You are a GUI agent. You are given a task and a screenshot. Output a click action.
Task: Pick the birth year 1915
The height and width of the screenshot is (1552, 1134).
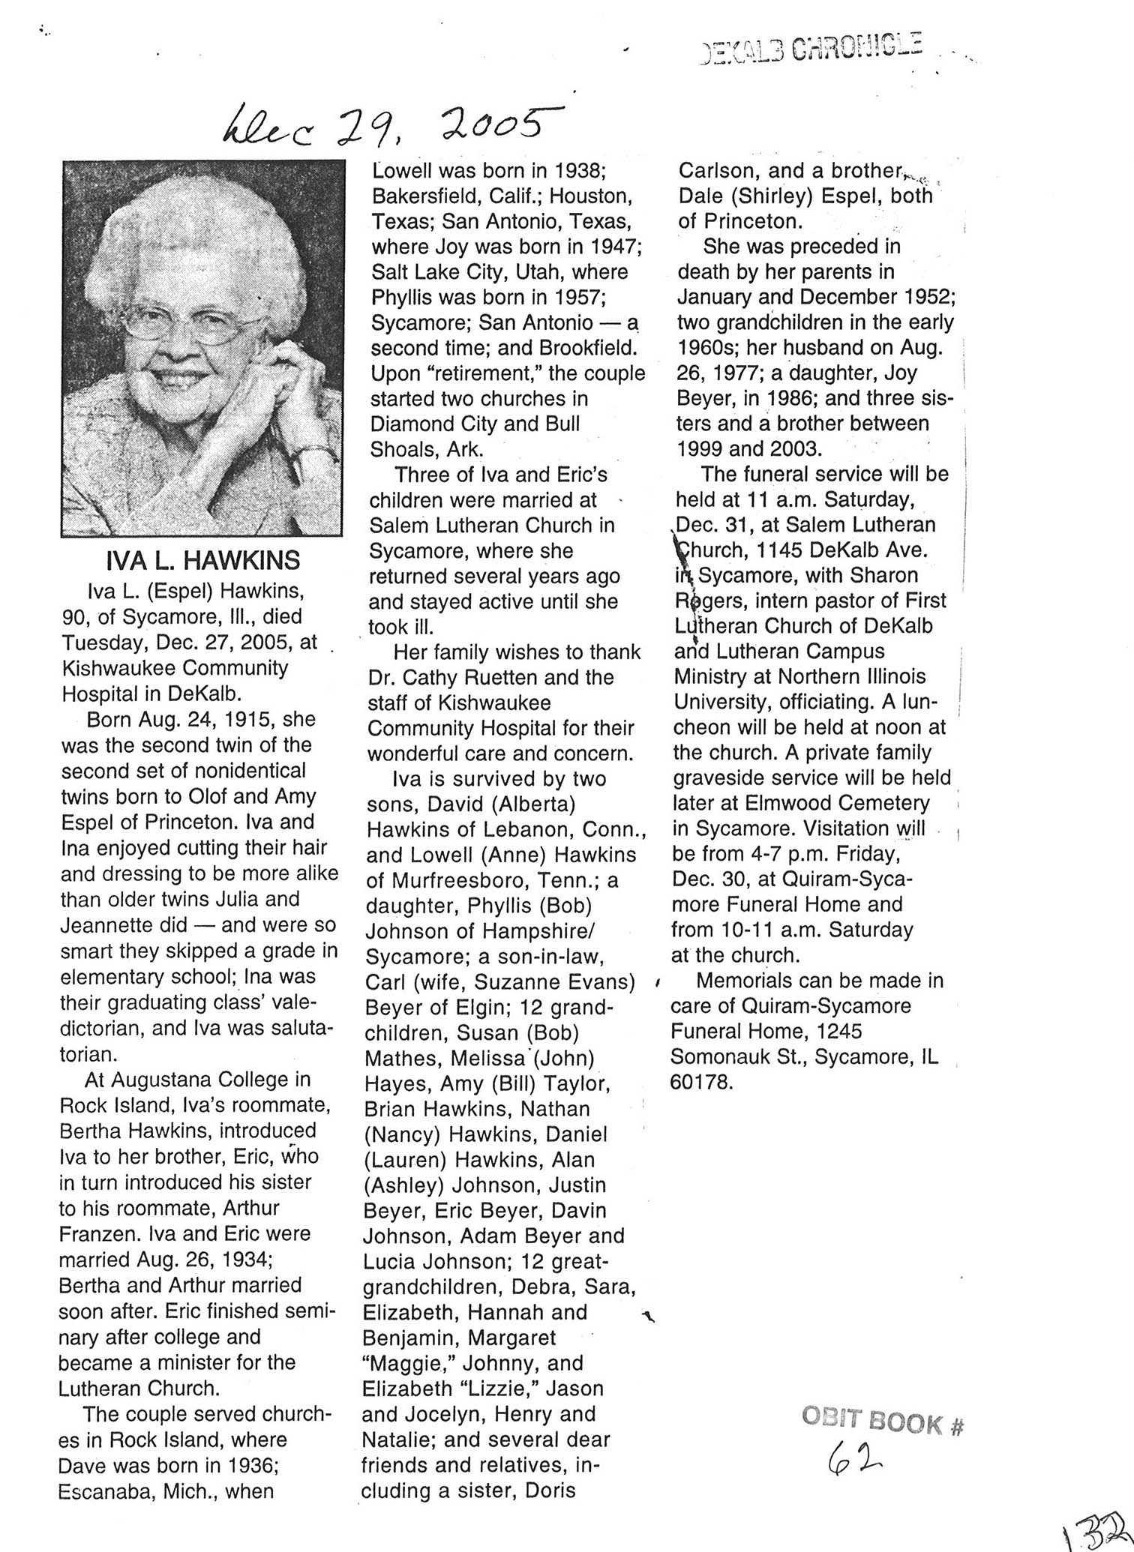(x=241, y=719)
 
